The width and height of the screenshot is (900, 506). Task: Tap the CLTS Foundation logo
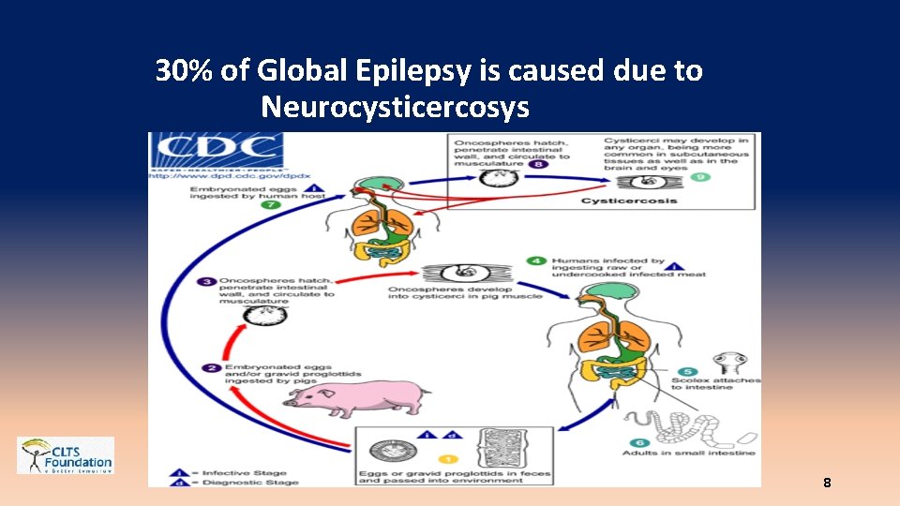tap(66, 455)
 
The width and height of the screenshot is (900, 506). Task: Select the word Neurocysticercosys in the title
tap(395, 108)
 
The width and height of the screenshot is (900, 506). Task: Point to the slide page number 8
tap(826, 484)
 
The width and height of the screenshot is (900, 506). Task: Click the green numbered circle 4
tap(536, 260)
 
